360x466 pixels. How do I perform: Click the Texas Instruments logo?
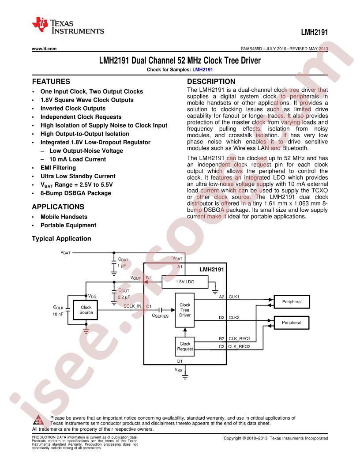(68, 26)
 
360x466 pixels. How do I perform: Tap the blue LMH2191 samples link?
(202, 70)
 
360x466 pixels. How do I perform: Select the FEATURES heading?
(51, 82)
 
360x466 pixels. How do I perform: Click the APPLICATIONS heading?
(58, 207)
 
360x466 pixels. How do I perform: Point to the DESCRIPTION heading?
(211, 82)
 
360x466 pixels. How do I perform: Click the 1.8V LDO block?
(185, 282)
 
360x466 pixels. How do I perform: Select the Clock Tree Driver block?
(185, 310)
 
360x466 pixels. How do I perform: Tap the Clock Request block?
(185, 346)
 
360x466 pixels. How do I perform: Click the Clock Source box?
(86, 310)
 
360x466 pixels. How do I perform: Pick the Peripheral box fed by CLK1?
(292, 302)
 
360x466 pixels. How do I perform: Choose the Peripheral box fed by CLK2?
(291, 323)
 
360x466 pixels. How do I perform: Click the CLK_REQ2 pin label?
(240, 346)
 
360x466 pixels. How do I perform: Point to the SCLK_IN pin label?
(132, 306)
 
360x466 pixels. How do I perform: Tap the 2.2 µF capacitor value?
(124, 297)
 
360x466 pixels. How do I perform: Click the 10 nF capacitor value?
(58, 314)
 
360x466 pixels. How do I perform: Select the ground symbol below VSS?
(185, 377)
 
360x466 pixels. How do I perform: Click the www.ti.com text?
(44, 49)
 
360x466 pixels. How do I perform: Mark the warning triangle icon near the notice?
(39, 420)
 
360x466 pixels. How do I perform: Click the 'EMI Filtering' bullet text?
(58, 168)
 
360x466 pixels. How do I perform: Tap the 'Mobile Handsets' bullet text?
(64, 217)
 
